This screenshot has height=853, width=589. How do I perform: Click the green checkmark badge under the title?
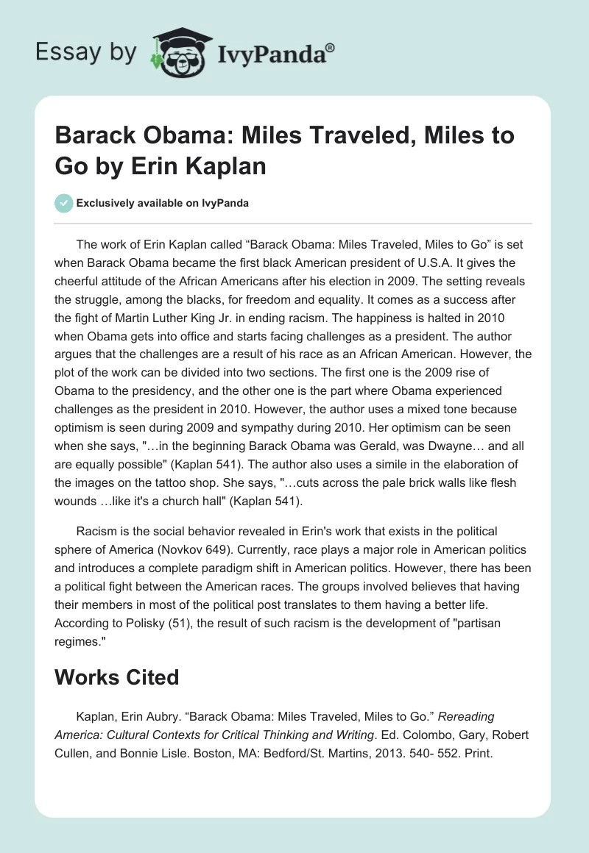pyautogui.click(x=63, y=203)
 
